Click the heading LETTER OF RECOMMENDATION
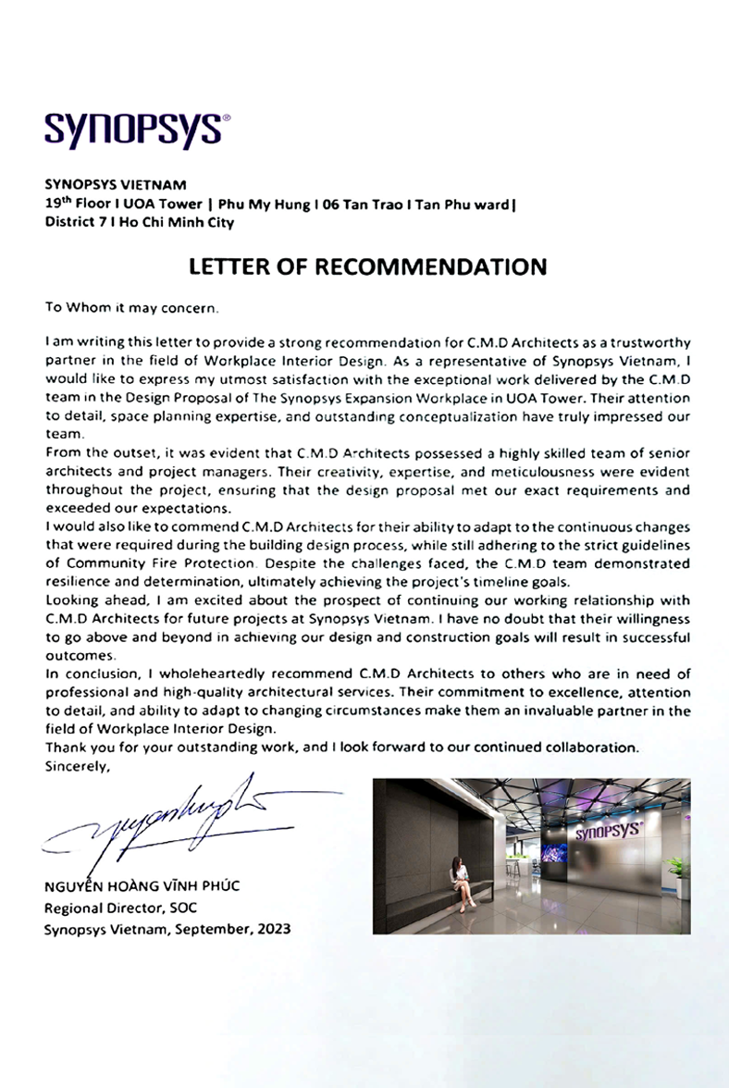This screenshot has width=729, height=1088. [x=367, y=267]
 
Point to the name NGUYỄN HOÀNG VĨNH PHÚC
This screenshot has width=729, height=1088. [x=142, y=886]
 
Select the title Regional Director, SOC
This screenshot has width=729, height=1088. [x=120, y=909]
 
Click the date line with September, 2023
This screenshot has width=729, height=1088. [x=167, y=930]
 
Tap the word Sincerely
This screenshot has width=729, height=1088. [x=77, y=765]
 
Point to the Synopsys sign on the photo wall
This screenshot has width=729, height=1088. [x=609, y=831]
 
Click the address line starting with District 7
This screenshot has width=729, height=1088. [x=139, y=222]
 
